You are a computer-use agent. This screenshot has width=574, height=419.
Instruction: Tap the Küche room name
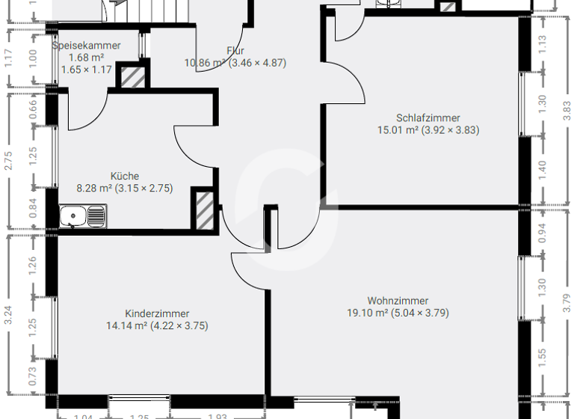124,177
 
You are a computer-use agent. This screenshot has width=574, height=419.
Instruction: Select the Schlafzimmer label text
428,117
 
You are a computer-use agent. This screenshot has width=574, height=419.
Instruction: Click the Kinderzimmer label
157,314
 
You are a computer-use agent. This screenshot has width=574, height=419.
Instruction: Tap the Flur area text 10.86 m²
205,63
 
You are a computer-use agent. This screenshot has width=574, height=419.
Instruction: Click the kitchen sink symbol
83,217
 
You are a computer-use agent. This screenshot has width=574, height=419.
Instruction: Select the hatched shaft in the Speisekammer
133,77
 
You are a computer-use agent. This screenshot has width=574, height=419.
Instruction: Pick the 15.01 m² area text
398,129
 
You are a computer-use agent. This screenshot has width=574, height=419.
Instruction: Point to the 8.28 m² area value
93,189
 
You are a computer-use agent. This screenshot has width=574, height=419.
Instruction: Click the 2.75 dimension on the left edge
8,160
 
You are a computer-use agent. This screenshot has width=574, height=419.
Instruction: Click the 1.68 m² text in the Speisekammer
86,58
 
